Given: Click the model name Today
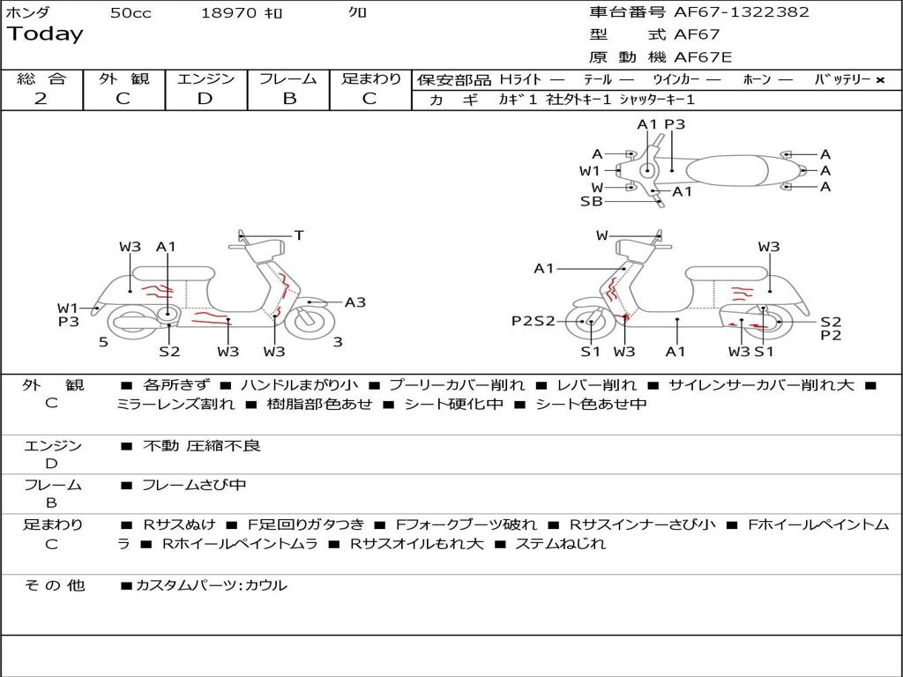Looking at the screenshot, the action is point(45,34).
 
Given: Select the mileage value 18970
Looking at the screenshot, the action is point(228,13).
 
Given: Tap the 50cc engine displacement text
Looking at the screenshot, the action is point(130,13).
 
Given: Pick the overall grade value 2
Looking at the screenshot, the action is point(41,99).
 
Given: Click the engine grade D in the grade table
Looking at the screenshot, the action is point(205,99).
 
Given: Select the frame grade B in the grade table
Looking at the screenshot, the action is point(289,99).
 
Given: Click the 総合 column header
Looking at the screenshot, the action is point(41,78).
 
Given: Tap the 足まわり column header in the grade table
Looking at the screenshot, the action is point(370,78).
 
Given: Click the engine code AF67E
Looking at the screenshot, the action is point(703,58).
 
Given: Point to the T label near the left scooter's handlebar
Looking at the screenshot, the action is point(299,235).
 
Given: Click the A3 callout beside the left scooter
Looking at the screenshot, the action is point(355,302).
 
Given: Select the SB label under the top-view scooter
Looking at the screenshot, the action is point(591,201).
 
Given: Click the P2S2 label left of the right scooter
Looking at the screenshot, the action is point(534,321).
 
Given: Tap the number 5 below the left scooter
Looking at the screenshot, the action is point(103,342).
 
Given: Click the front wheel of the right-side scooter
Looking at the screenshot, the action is point(589,323).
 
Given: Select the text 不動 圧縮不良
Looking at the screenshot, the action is point(202,446).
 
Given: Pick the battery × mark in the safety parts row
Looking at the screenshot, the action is point(880,80).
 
